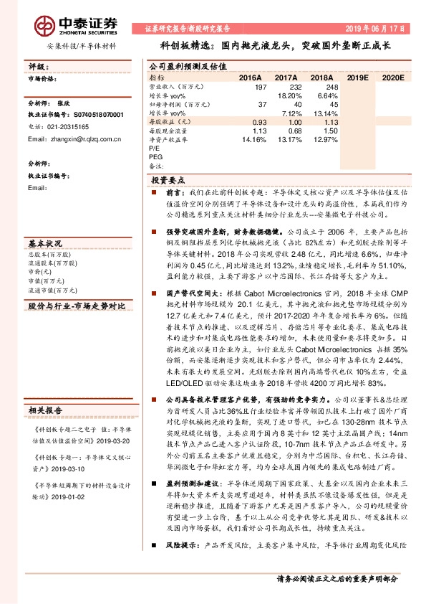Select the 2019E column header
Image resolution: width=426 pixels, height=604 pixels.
(x=357, y=76)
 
